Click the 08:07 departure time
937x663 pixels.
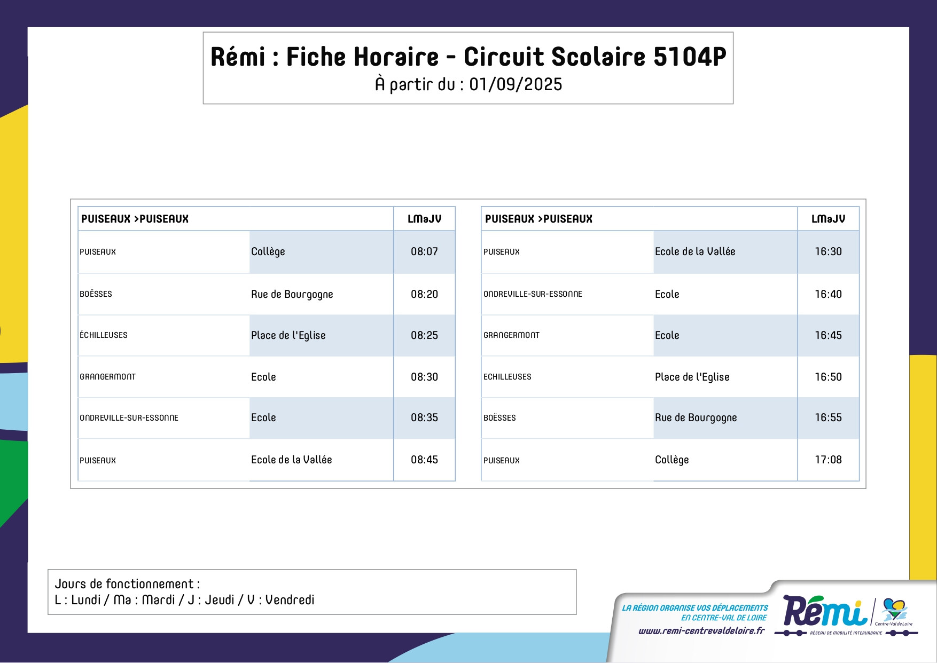424,251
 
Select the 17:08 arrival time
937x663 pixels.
828,460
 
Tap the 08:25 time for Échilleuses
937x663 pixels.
424,335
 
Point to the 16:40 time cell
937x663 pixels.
828,294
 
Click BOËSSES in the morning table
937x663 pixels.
96,294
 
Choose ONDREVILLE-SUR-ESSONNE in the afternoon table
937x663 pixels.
533,294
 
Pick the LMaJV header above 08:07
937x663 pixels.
424,219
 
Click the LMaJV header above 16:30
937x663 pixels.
828,219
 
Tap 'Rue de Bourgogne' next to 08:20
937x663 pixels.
292,295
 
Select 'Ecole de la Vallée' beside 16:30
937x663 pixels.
695,251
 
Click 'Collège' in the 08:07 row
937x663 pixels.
268,252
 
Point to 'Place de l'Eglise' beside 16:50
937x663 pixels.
692,377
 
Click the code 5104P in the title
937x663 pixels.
690,57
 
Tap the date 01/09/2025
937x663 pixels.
516,84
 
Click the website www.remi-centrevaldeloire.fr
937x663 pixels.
701,631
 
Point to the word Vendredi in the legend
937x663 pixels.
290,600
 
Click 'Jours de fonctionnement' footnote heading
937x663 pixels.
124,584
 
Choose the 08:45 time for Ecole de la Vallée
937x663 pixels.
424,460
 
